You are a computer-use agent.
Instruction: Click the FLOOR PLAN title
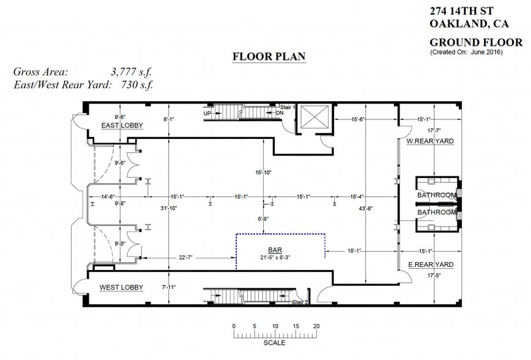click(x=269, y=57)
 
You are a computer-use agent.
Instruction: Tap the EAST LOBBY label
click(x=122, y=126)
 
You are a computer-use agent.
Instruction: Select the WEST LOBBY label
click(x=122, y=287)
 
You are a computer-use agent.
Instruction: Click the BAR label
click(x=275, y=250)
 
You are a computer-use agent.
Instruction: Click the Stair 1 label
click(x=288, y=107)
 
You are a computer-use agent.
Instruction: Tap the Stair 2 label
click(x=300, y=302)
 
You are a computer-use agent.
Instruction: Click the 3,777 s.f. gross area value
click(x=131, y=72)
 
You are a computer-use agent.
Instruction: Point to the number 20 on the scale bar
click(x=316, y=326)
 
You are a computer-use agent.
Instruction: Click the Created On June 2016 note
click(x=466, y=53)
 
